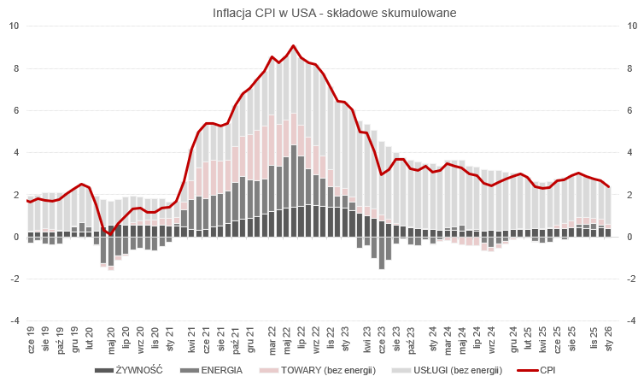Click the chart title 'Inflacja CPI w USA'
[x=322, y=14]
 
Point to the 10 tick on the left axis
[x=14, y=26]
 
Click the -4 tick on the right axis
[x=631, y=321]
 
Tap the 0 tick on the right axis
[x=629, y=237]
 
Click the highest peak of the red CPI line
[x=293, y=46]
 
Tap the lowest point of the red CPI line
[x=110, y=233]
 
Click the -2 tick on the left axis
[x=15, y=279]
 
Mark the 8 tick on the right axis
[x=629, y=68]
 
